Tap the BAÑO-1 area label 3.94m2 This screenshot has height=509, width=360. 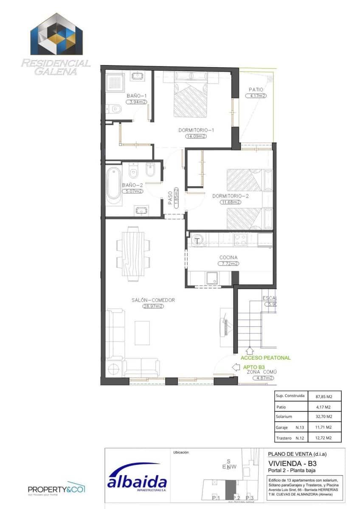point(137,102)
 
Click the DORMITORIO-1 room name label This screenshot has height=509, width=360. point(196,130)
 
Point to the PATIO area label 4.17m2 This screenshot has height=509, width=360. point(256,96)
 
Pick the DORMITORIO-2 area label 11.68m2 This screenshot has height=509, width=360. point(231,202)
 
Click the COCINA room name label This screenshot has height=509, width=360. point(228,257)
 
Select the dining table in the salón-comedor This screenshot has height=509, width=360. point(133,254)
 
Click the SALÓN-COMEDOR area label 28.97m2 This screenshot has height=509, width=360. point(153,306)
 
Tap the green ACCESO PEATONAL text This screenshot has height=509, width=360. point(266,358)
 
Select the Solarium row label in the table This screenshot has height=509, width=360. point(284,417)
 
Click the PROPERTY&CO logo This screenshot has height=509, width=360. point(56,489)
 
